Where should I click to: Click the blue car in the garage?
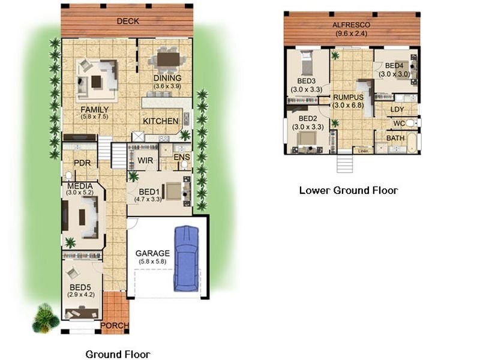click(186, 259)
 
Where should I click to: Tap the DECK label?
click(128, 21)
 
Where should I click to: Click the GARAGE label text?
click(152, 253)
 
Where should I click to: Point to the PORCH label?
click(115, 325)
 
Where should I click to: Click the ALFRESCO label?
click(351, 25)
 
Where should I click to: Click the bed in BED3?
click(307, 63)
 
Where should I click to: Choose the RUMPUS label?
click(348, 97)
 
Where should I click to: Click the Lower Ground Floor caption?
click(349, 190)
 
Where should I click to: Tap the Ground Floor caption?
click(118, 354)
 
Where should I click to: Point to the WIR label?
click(145, 160)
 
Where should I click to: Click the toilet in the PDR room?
click(69, 175)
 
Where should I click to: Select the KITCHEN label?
click(160, 121)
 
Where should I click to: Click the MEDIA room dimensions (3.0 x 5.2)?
click(80, 193)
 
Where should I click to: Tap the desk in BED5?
click(82, 313)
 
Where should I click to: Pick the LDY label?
click(397, 109)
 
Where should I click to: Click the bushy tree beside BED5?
click(46, 319)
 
